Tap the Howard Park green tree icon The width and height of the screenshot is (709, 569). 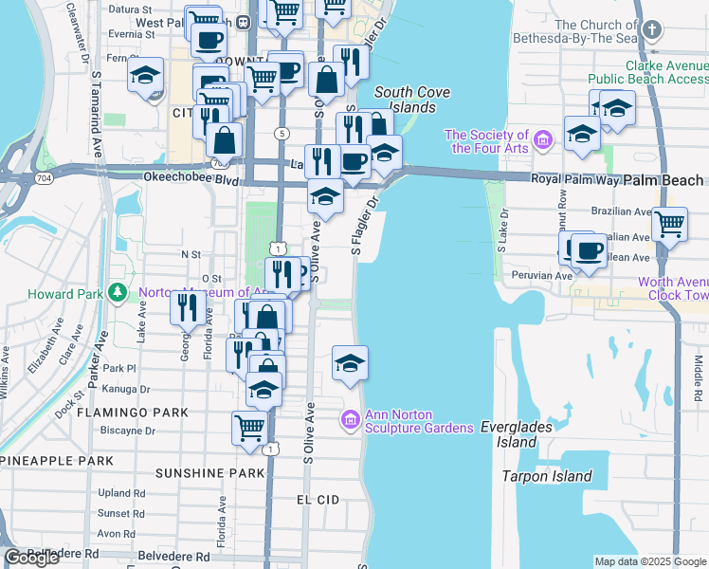pos(118,293)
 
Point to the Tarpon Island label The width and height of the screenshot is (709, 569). pos(546,477)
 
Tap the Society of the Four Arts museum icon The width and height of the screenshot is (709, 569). pos(543,141)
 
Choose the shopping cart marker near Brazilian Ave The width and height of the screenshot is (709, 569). pos(669,226)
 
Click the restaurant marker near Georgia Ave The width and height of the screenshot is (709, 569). pos(187,307)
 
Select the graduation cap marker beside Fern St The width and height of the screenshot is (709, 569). pos(146,75)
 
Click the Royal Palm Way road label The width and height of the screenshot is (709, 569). pos(566,178)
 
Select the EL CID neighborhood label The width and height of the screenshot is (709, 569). pos(318,499)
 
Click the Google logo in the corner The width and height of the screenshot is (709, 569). pos(31,559)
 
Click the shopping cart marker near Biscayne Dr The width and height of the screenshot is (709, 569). pos(249,428)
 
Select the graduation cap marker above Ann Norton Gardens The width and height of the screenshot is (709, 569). pos(349,363)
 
